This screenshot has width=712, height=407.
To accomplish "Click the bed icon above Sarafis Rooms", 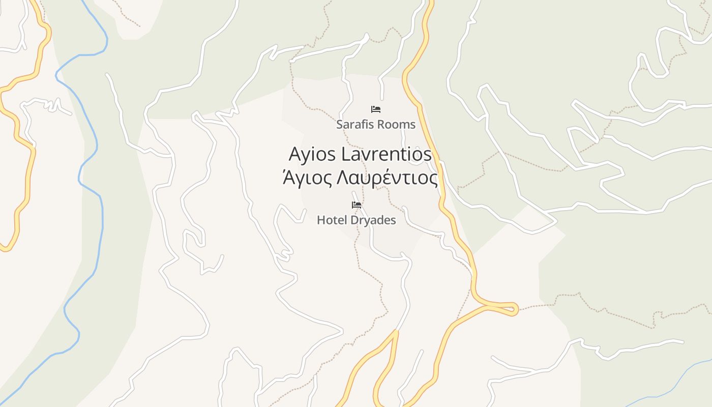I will point(376,109).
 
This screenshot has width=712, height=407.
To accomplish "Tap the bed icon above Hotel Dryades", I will point(357,205).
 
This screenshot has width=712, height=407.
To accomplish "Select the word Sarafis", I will point(353,125).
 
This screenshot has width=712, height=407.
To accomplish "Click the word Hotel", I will point(331,220).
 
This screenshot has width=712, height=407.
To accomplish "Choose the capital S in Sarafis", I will point(339,125).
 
